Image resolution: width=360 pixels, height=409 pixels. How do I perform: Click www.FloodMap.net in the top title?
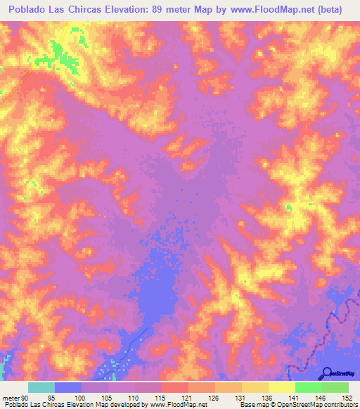point(281,9)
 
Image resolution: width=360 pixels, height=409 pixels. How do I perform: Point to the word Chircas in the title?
point(99,9)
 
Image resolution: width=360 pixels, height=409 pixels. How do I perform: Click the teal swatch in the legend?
point(41,387)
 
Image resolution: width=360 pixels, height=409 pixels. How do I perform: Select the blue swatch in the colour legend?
point(68,387)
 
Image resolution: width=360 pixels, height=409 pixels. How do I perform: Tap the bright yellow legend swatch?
point(282,387)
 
